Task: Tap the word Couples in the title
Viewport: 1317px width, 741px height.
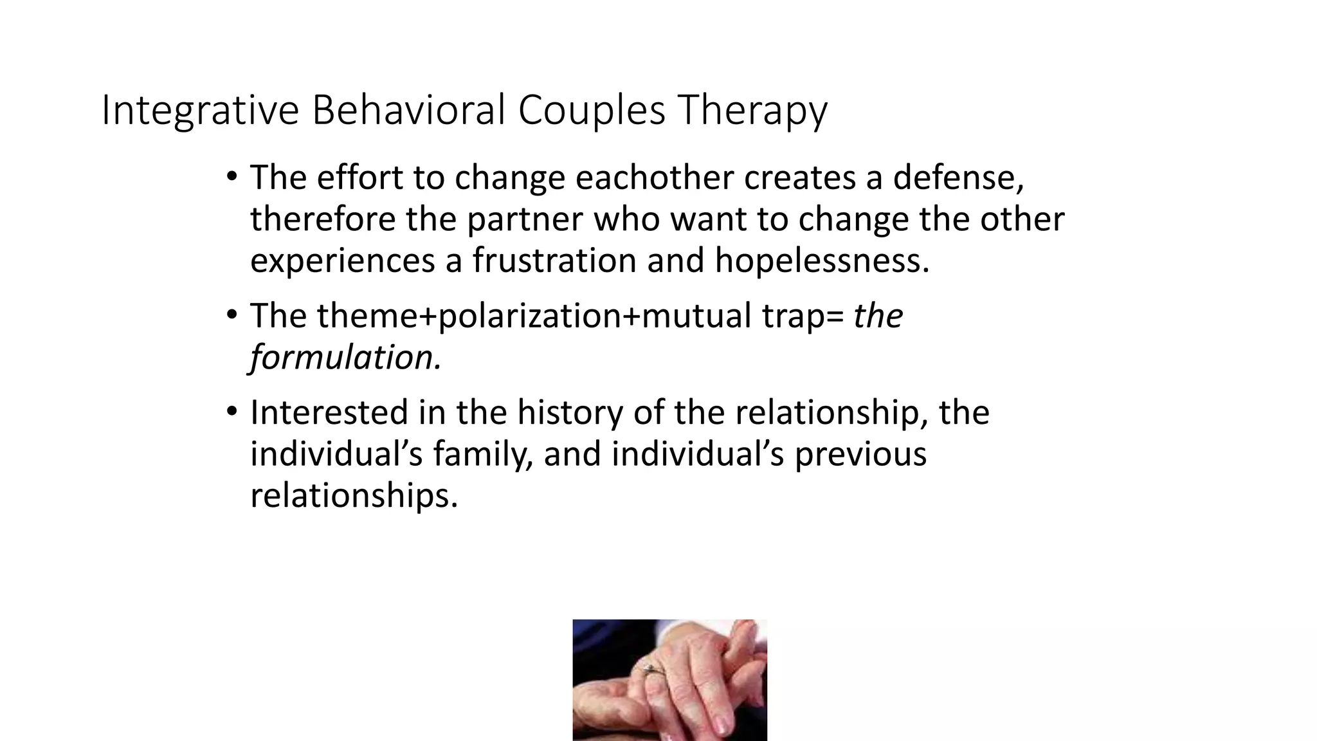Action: tap(592, 111)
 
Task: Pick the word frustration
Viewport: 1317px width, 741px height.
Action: tap(554, 261)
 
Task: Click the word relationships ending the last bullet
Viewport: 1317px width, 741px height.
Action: tap(354, 496)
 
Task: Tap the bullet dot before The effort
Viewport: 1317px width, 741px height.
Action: tap(232, 177)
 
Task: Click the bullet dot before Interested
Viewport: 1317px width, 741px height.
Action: tap(232, 412)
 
